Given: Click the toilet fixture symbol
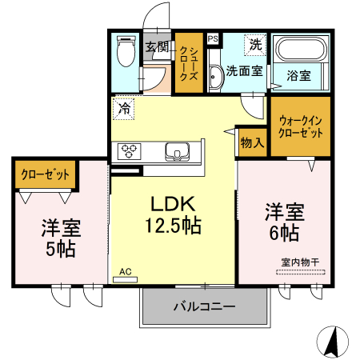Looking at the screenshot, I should pos(125,52).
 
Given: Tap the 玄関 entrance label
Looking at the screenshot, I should pos(155,46).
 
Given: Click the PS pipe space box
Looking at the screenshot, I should pos(212,38).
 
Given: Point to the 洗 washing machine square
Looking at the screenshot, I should pos(254,46).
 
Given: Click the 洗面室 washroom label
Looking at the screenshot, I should pos(244,70).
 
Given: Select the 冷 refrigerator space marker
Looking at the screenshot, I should pos(124,108).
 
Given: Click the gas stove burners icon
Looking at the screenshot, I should pos(129,150).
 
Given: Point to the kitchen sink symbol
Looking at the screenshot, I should pos(175,150).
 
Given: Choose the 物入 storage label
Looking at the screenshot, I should pos(251,143).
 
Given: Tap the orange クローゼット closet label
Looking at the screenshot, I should pos(45,174).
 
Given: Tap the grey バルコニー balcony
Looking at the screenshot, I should pos(203,306).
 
